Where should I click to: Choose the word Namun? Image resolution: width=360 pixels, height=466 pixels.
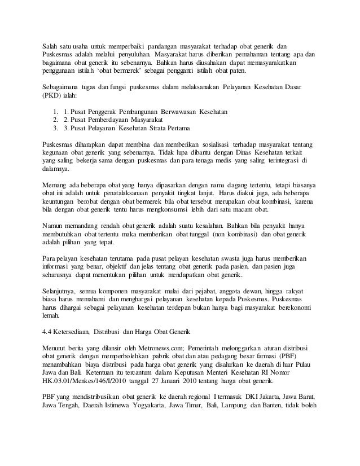pyautogui.click(x=55, y=226)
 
